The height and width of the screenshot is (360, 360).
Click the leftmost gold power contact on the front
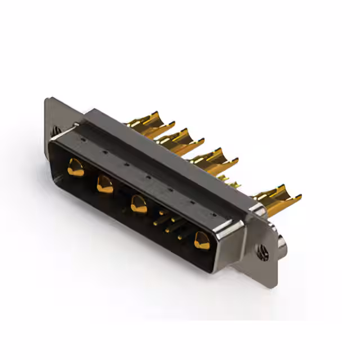click(75, 167)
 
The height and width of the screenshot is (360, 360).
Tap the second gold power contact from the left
click(105, 184)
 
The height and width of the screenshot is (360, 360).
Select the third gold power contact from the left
click(139, 204)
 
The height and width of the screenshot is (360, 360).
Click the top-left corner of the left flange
click(47, 100)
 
